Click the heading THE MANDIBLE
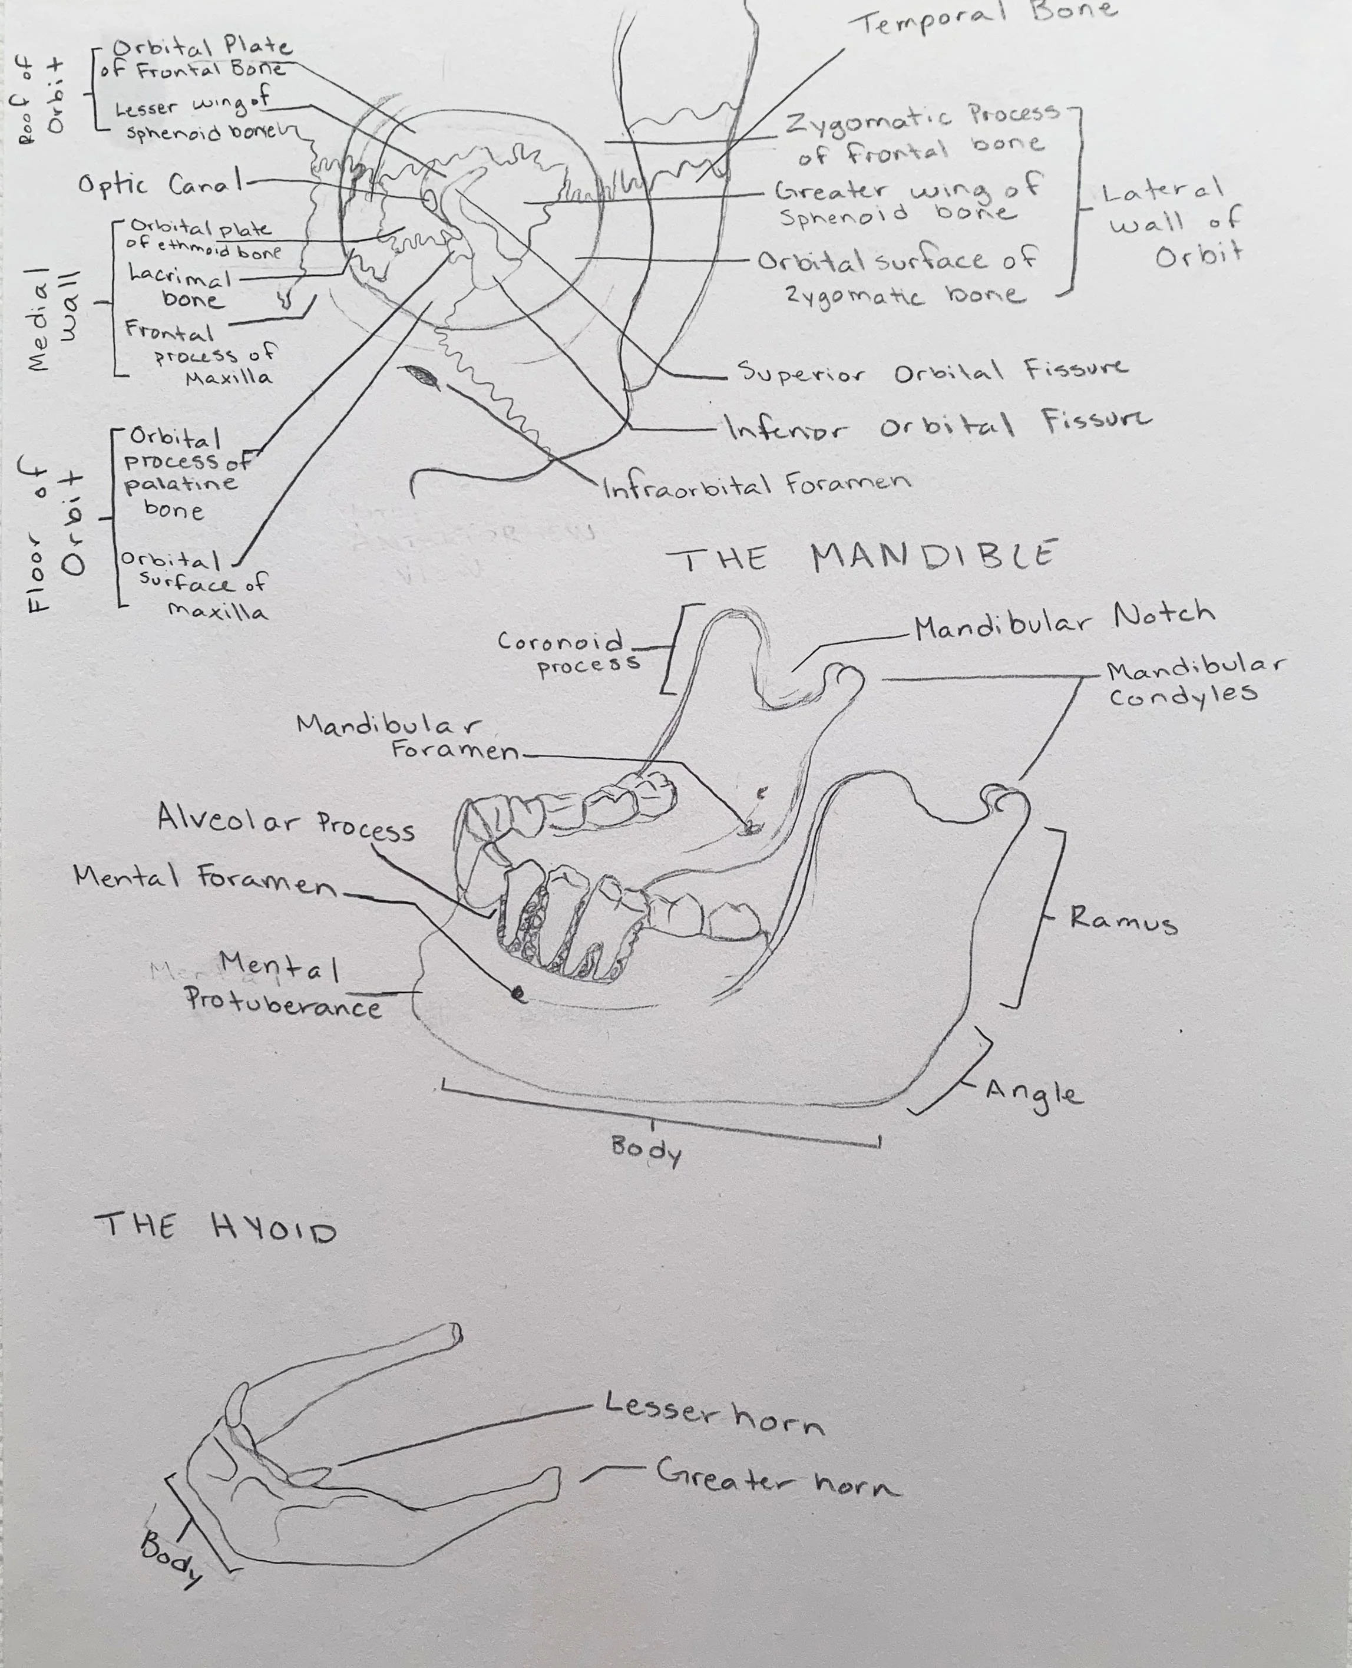861,557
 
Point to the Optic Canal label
159,186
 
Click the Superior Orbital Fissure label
931,371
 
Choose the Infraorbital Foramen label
755,485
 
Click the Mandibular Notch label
1064,620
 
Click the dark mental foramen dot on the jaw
516,993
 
